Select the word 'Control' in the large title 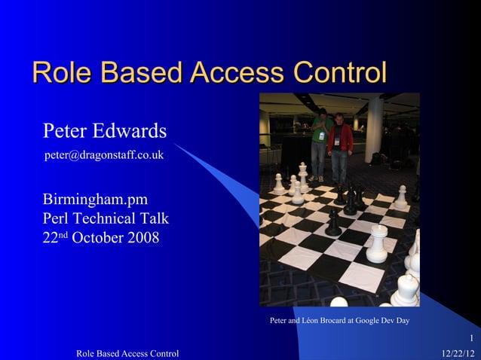(x=337, y=73)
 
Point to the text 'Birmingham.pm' (x=95, y=200)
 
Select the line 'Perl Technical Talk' (x=106, y=219)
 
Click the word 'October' (x=95, y=239)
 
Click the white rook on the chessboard (x=377, y=245)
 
